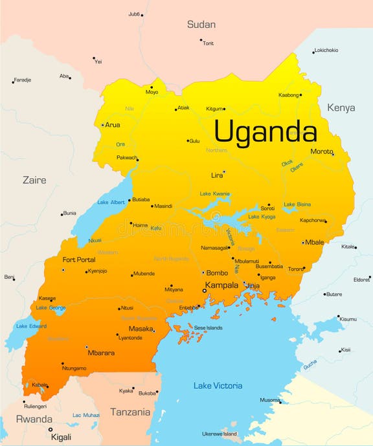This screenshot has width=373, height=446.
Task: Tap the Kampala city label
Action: (221, 285)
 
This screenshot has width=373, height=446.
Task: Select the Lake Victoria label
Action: (218, 386)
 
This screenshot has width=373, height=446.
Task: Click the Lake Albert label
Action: (111, 203)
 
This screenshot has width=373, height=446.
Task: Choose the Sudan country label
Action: (201, 25)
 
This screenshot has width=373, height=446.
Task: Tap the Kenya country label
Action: (341, 107)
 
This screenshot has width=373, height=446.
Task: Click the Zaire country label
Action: (34, 180)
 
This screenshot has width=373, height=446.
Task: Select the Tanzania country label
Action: (130, 412)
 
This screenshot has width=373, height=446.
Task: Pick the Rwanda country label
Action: (34, 419)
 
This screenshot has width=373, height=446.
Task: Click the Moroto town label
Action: (321, 151)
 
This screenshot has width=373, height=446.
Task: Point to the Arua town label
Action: (112, 125)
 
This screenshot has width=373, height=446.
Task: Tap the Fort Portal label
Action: (78, 260)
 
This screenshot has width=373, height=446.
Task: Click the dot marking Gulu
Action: (188, 140)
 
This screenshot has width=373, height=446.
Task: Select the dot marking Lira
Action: (223, 172)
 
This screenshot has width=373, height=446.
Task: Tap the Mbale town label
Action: (315, 243)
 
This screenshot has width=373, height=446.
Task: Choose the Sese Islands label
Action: (208, 328)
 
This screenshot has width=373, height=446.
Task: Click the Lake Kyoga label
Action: (262, 216)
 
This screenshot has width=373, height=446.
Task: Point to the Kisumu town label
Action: (348, 318)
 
